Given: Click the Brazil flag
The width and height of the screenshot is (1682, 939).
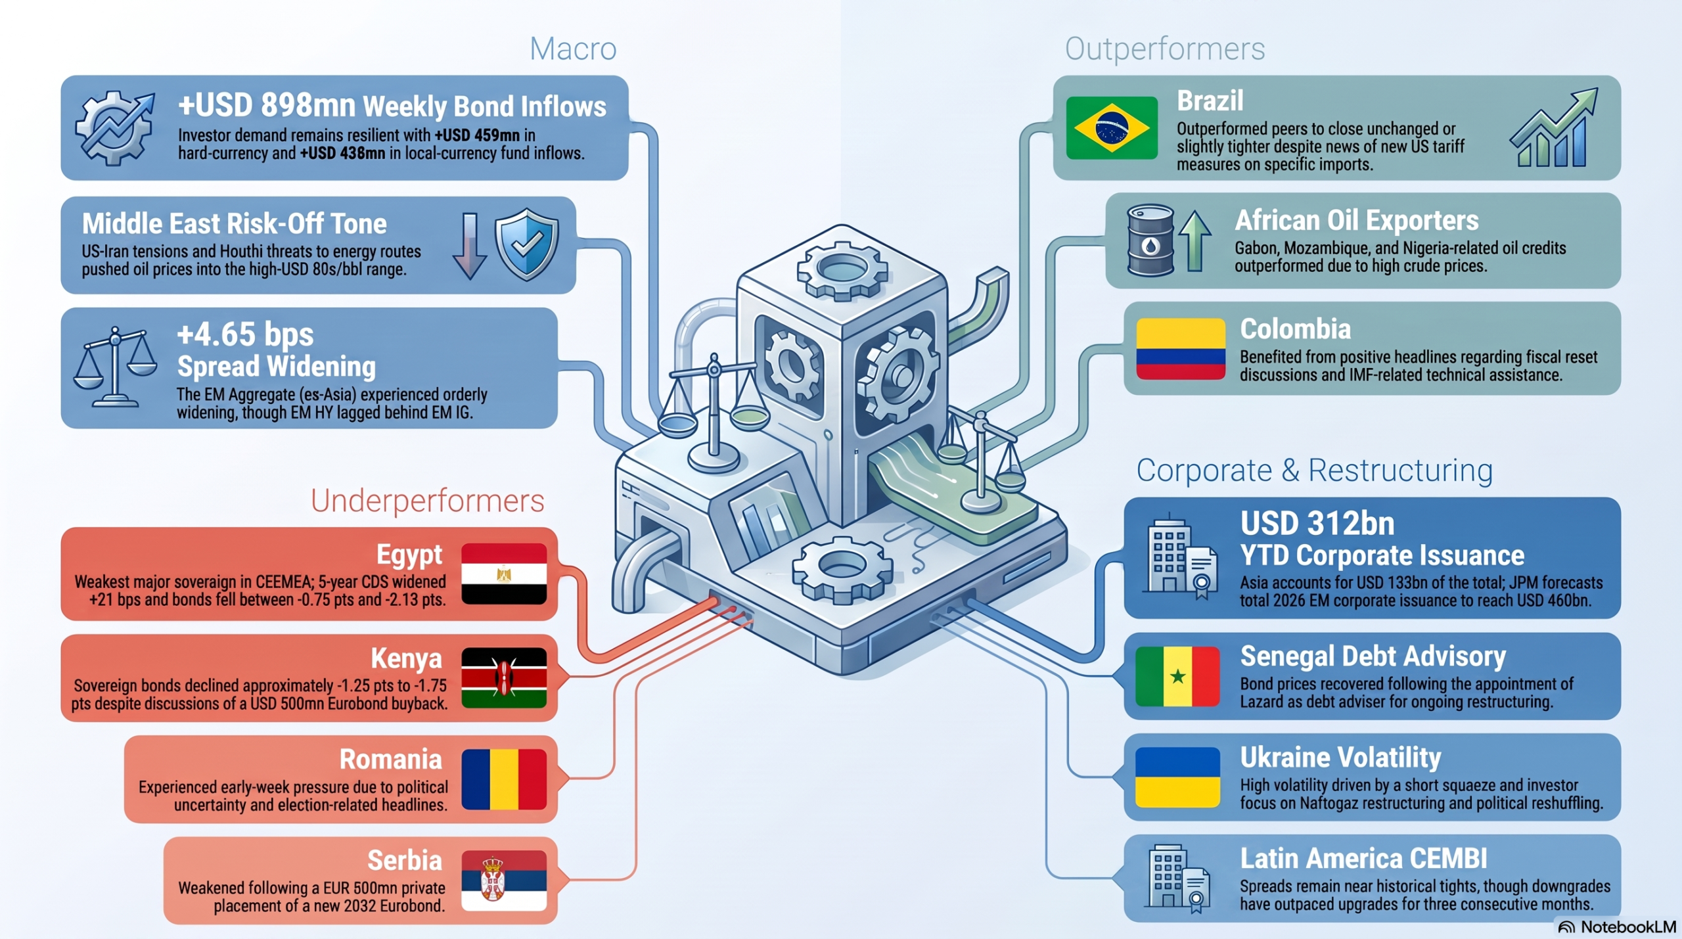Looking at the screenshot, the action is click(x=1112, y=127).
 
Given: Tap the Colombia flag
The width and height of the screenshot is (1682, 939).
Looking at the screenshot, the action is click(x=1181, y=349).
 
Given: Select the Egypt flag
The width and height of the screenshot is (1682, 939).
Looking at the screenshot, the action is click(x=504, y=574).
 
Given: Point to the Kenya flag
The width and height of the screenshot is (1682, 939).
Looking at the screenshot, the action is click(x=504, y=677).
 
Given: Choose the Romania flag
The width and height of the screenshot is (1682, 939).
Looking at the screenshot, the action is click(x=504, y=779).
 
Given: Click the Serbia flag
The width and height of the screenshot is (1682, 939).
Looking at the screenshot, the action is click(x=504, y=881).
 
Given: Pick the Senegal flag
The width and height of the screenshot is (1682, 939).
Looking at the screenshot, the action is click(x=1177, y=676).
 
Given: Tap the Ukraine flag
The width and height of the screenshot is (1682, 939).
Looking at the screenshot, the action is click(x=1177, y=777).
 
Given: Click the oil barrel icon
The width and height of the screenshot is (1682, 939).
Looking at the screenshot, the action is click(x=1150, y=240).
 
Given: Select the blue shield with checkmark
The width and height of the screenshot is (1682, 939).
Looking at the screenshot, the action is click(x=527, y=244).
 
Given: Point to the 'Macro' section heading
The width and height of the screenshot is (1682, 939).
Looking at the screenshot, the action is click(x=573, y=49).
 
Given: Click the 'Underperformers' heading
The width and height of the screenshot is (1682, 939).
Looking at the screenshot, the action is click(x=427, y=501).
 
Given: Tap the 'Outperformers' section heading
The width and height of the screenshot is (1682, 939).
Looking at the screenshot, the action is click(x=1165, y=49).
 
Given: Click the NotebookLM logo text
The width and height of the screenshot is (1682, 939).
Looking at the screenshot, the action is click(x=1627, y=927).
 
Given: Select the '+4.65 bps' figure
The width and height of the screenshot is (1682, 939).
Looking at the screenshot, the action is click(x=245, y=334).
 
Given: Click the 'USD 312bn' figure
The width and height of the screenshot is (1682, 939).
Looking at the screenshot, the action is click(x=1317, y=524).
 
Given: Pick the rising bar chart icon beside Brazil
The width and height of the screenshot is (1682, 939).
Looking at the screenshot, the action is click(x=1554, y=127).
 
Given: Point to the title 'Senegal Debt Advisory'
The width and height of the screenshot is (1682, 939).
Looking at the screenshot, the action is click(x=1373, y=656).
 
